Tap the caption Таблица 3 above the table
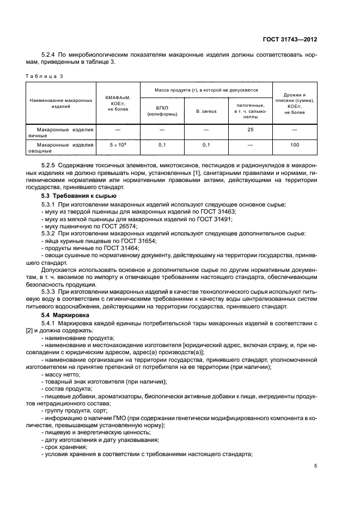(x=45, y=76)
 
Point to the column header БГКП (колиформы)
(x=161, y=111)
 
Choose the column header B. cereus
(x=206, y=111)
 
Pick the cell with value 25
(x=250, y=130)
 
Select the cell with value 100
(x=295, y=145)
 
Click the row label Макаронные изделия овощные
(x=61, y=148)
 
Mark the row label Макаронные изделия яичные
(x=61, y=133)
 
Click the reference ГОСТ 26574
(x=122, y=226)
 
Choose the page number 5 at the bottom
(x=315, y=466)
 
